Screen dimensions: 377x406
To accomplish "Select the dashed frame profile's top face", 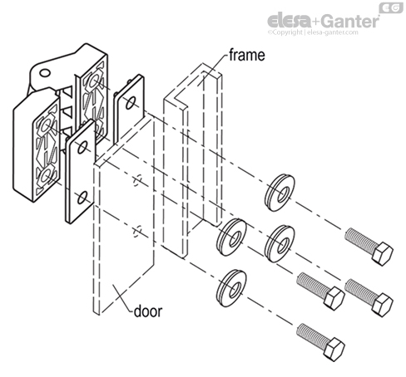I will [x=192, y=80].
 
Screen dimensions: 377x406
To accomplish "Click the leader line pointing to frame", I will [x=212, y=66].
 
